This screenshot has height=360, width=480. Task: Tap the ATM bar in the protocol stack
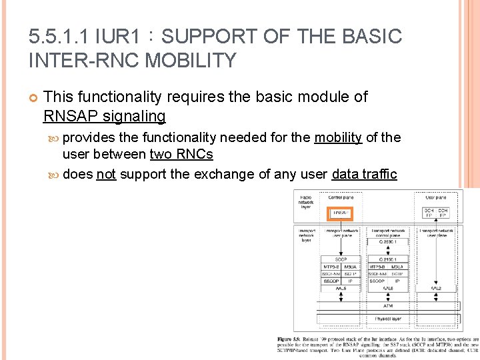(387, 305)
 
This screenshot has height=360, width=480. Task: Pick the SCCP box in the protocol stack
(340, 259)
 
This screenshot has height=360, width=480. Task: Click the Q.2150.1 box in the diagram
(387, 259)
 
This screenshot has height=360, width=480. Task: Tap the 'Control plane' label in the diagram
(340, 197)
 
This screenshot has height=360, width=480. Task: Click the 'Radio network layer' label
(307, 203)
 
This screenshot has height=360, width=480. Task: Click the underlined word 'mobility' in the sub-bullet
(338, 138)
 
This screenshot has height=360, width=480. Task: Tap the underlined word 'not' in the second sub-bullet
(106, 175)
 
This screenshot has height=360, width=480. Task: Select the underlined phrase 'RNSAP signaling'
(104, 116)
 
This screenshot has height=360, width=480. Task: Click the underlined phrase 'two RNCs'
(181, 155)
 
